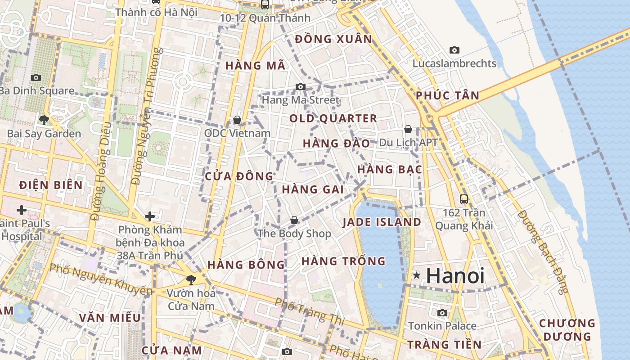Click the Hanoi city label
(x=455, y=275)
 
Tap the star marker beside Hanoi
(x=417, y=275)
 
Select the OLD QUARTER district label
(x=333, y=119)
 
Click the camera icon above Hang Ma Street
(x=301, y=86)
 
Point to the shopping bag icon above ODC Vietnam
(x=237, y=120)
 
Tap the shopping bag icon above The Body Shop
(x=294, y=220)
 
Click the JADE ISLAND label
(x=382, y=222)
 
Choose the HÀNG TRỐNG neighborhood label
(x=343, y=261)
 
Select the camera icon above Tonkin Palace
(x=442, y=312)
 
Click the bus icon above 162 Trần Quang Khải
(x=463, y=198)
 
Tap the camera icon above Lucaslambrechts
(x=454, y=50)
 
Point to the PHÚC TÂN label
(x=447, y=95)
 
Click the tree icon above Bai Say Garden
(x=44, y=120)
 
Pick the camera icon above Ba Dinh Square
(x=36, y=77)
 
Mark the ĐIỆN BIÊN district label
(x=51, y=185)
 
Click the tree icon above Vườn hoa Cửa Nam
(x=191, y=279)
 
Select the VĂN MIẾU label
(x=110, y=318)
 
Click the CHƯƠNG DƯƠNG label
(x=567, y=330)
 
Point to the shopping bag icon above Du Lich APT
(x=408, y=129)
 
